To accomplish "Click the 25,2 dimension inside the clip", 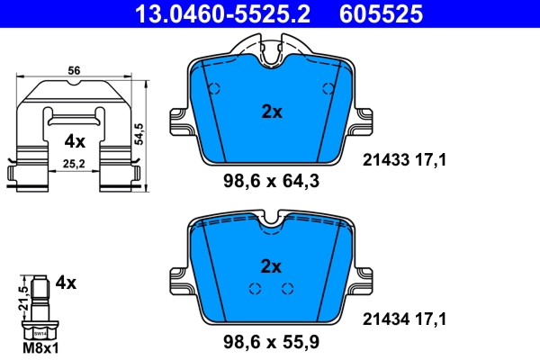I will [x=74, y=165].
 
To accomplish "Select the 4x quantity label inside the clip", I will [x=74, y=141].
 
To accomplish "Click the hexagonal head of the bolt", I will [x=40, y=330].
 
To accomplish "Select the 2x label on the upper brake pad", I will [x=271, y=112].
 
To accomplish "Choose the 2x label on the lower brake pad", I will [x=271, y=265].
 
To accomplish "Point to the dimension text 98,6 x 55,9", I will [x=272, y=341].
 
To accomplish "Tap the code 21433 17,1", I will [x=404, y=160].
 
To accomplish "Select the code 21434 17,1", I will [x=404, y=318].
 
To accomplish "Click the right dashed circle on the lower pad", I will [x=288, y=289].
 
